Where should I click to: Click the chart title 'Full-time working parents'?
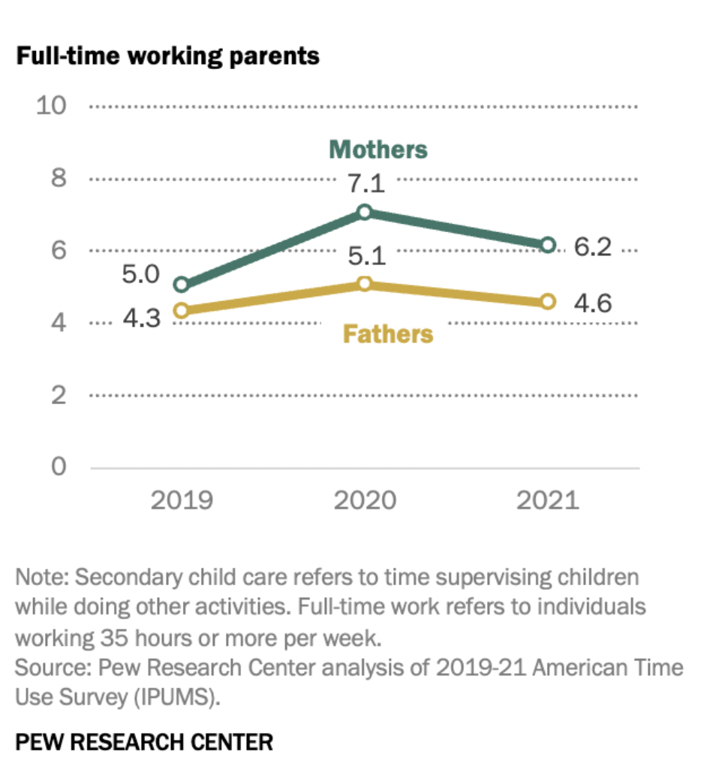(x=167, y=56)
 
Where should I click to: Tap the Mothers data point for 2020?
(x=365, y=212)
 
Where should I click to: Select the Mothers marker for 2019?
(x=181, y=285)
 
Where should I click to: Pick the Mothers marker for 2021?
(x=548, y=245)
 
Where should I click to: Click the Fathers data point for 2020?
(x=365, y=283)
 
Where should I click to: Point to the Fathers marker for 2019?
(x=181, y=310)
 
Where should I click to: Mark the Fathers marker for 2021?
(x=548, y=301)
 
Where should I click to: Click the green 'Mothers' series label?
(x=378, y=149)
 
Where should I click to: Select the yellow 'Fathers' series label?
(x=388, y=333)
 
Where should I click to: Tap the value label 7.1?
(x=366, y=183)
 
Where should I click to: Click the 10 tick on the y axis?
(x=52, y=106)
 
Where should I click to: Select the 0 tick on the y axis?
(x=59, y=466)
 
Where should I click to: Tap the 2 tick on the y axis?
(x=59, y=394)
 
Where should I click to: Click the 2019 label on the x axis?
(x=181, y=500)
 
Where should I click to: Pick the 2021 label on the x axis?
(x=548, y=500)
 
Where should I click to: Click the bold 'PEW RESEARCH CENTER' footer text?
(x=144, y=743)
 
